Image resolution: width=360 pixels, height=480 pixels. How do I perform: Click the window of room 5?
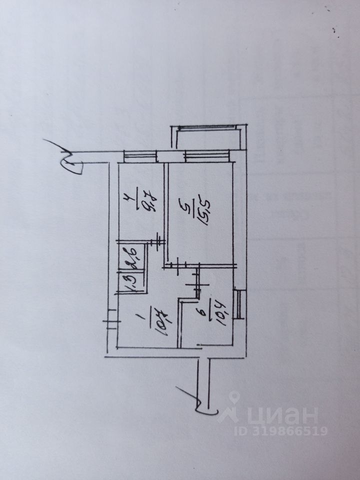pyautogui.click(x=205, y=156)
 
